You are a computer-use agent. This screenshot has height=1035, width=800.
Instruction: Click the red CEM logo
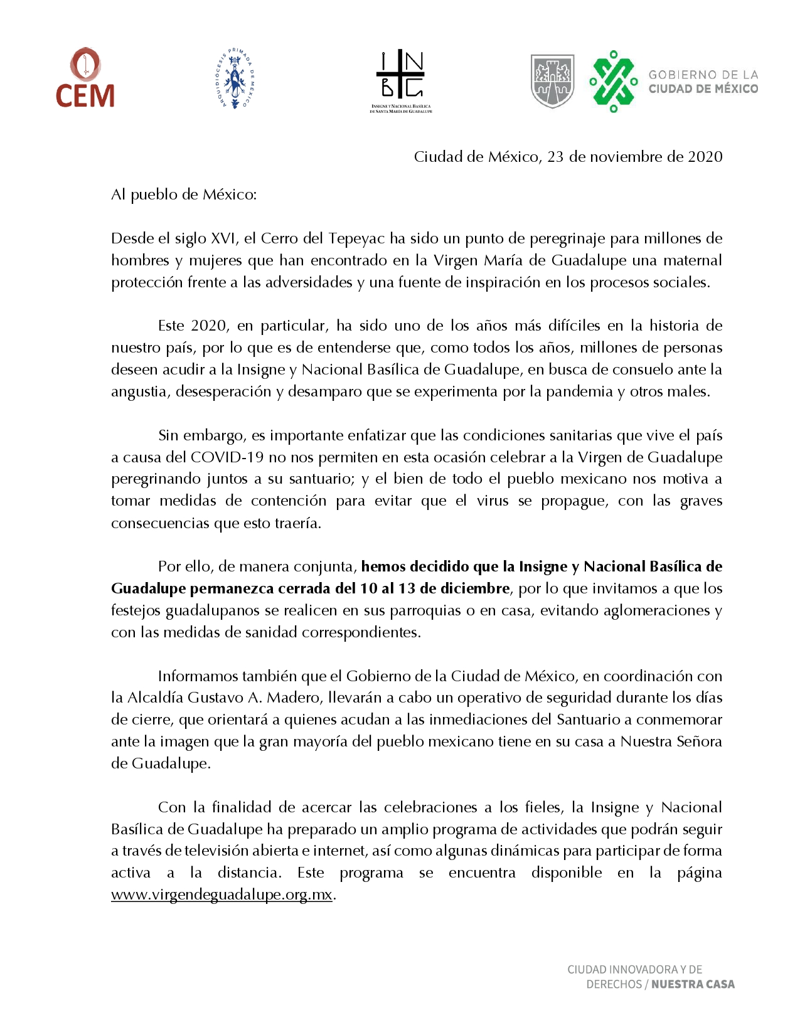85,78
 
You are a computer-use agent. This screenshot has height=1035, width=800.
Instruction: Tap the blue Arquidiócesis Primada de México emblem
235,79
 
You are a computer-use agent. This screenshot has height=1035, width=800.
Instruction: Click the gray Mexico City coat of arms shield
552,80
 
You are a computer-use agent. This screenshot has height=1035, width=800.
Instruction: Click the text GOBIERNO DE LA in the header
703,75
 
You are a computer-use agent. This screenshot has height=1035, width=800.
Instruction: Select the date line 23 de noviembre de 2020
568,157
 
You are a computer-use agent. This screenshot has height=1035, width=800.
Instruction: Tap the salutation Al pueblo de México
184,194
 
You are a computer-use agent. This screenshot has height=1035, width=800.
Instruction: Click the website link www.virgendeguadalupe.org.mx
221,894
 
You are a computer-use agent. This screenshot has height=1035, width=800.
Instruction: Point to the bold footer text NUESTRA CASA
693,984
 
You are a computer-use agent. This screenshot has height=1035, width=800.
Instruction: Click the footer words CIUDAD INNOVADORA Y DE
634,969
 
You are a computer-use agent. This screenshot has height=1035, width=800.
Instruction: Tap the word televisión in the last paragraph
214,851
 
